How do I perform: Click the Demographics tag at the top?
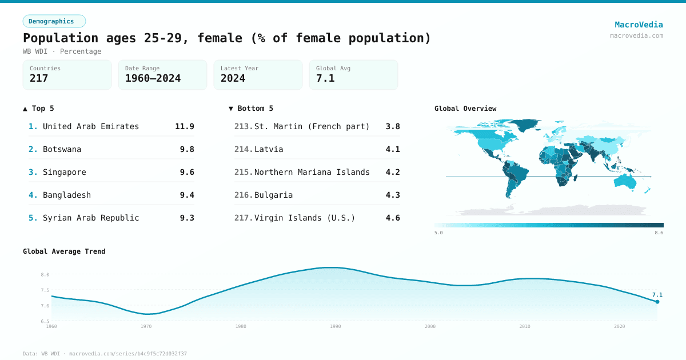pos(54,21)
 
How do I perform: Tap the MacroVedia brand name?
pos(639,25)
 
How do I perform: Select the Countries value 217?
pos(39,78)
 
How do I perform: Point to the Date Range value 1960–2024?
pos(153,78)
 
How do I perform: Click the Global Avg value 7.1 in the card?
pos(325,78)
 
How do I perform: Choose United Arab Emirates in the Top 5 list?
pos(91,126)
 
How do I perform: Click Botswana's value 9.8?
pos(187,149)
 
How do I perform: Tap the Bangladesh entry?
pos(67,195)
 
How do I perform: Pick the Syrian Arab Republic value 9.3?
pos(187,218)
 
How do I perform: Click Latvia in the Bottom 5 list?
pos(269,149)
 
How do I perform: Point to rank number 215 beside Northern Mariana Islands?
pos(243,172)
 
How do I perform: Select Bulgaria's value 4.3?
pos(393,195)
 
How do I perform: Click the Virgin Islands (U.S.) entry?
pos(305,218)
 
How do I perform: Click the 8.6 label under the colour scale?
pos(659,233)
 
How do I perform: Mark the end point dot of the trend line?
pos(657,302)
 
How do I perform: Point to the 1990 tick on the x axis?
pos(336,326)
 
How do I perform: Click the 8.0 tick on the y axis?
pos(45,275)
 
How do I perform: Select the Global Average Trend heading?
pos(64,251)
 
